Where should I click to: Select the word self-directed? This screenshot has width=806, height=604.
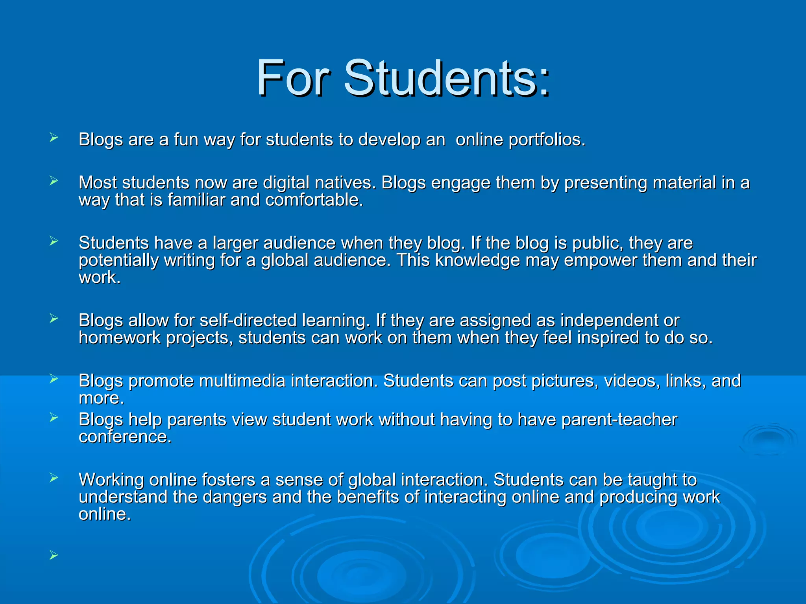[x=248, y=320]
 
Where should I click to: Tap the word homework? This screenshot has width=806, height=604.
[x=120, y=338]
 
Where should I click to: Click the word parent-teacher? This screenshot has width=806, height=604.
[x=619, y=420]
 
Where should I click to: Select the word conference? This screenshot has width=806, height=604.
[x=125, y=437]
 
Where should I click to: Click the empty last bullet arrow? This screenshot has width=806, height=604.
[x=54, y=555]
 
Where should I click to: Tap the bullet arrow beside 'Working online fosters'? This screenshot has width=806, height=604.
[x=54, y=478]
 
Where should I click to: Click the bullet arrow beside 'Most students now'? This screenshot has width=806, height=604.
[x=54, y=181]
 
